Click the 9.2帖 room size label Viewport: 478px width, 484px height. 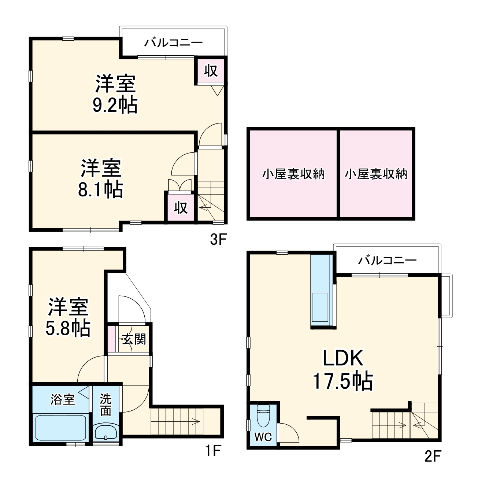pos(115,106)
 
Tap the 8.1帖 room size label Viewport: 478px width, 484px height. pos(100,189)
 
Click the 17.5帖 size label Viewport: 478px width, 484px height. pos(343,381)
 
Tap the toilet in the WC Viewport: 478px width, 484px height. pos(263,415)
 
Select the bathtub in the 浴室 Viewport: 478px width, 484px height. pos(60,428)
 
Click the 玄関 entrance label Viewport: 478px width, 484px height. pos(134,339)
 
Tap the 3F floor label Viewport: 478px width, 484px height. pos(219,240)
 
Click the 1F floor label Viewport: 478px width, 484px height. pos(212,451)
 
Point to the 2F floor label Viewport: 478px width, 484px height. pos(432,457)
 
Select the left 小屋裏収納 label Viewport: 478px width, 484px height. pos(293,174)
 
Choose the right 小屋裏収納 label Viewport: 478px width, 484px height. pos(376,174)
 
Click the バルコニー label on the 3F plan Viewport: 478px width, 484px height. pos(173,43)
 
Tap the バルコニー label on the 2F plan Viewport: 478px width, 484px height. pos(387,261)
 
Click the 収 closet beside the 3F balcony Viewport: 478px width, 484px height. pos(211,70)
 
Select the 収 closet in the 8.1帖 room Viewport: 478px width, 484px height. pos(181,208)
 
